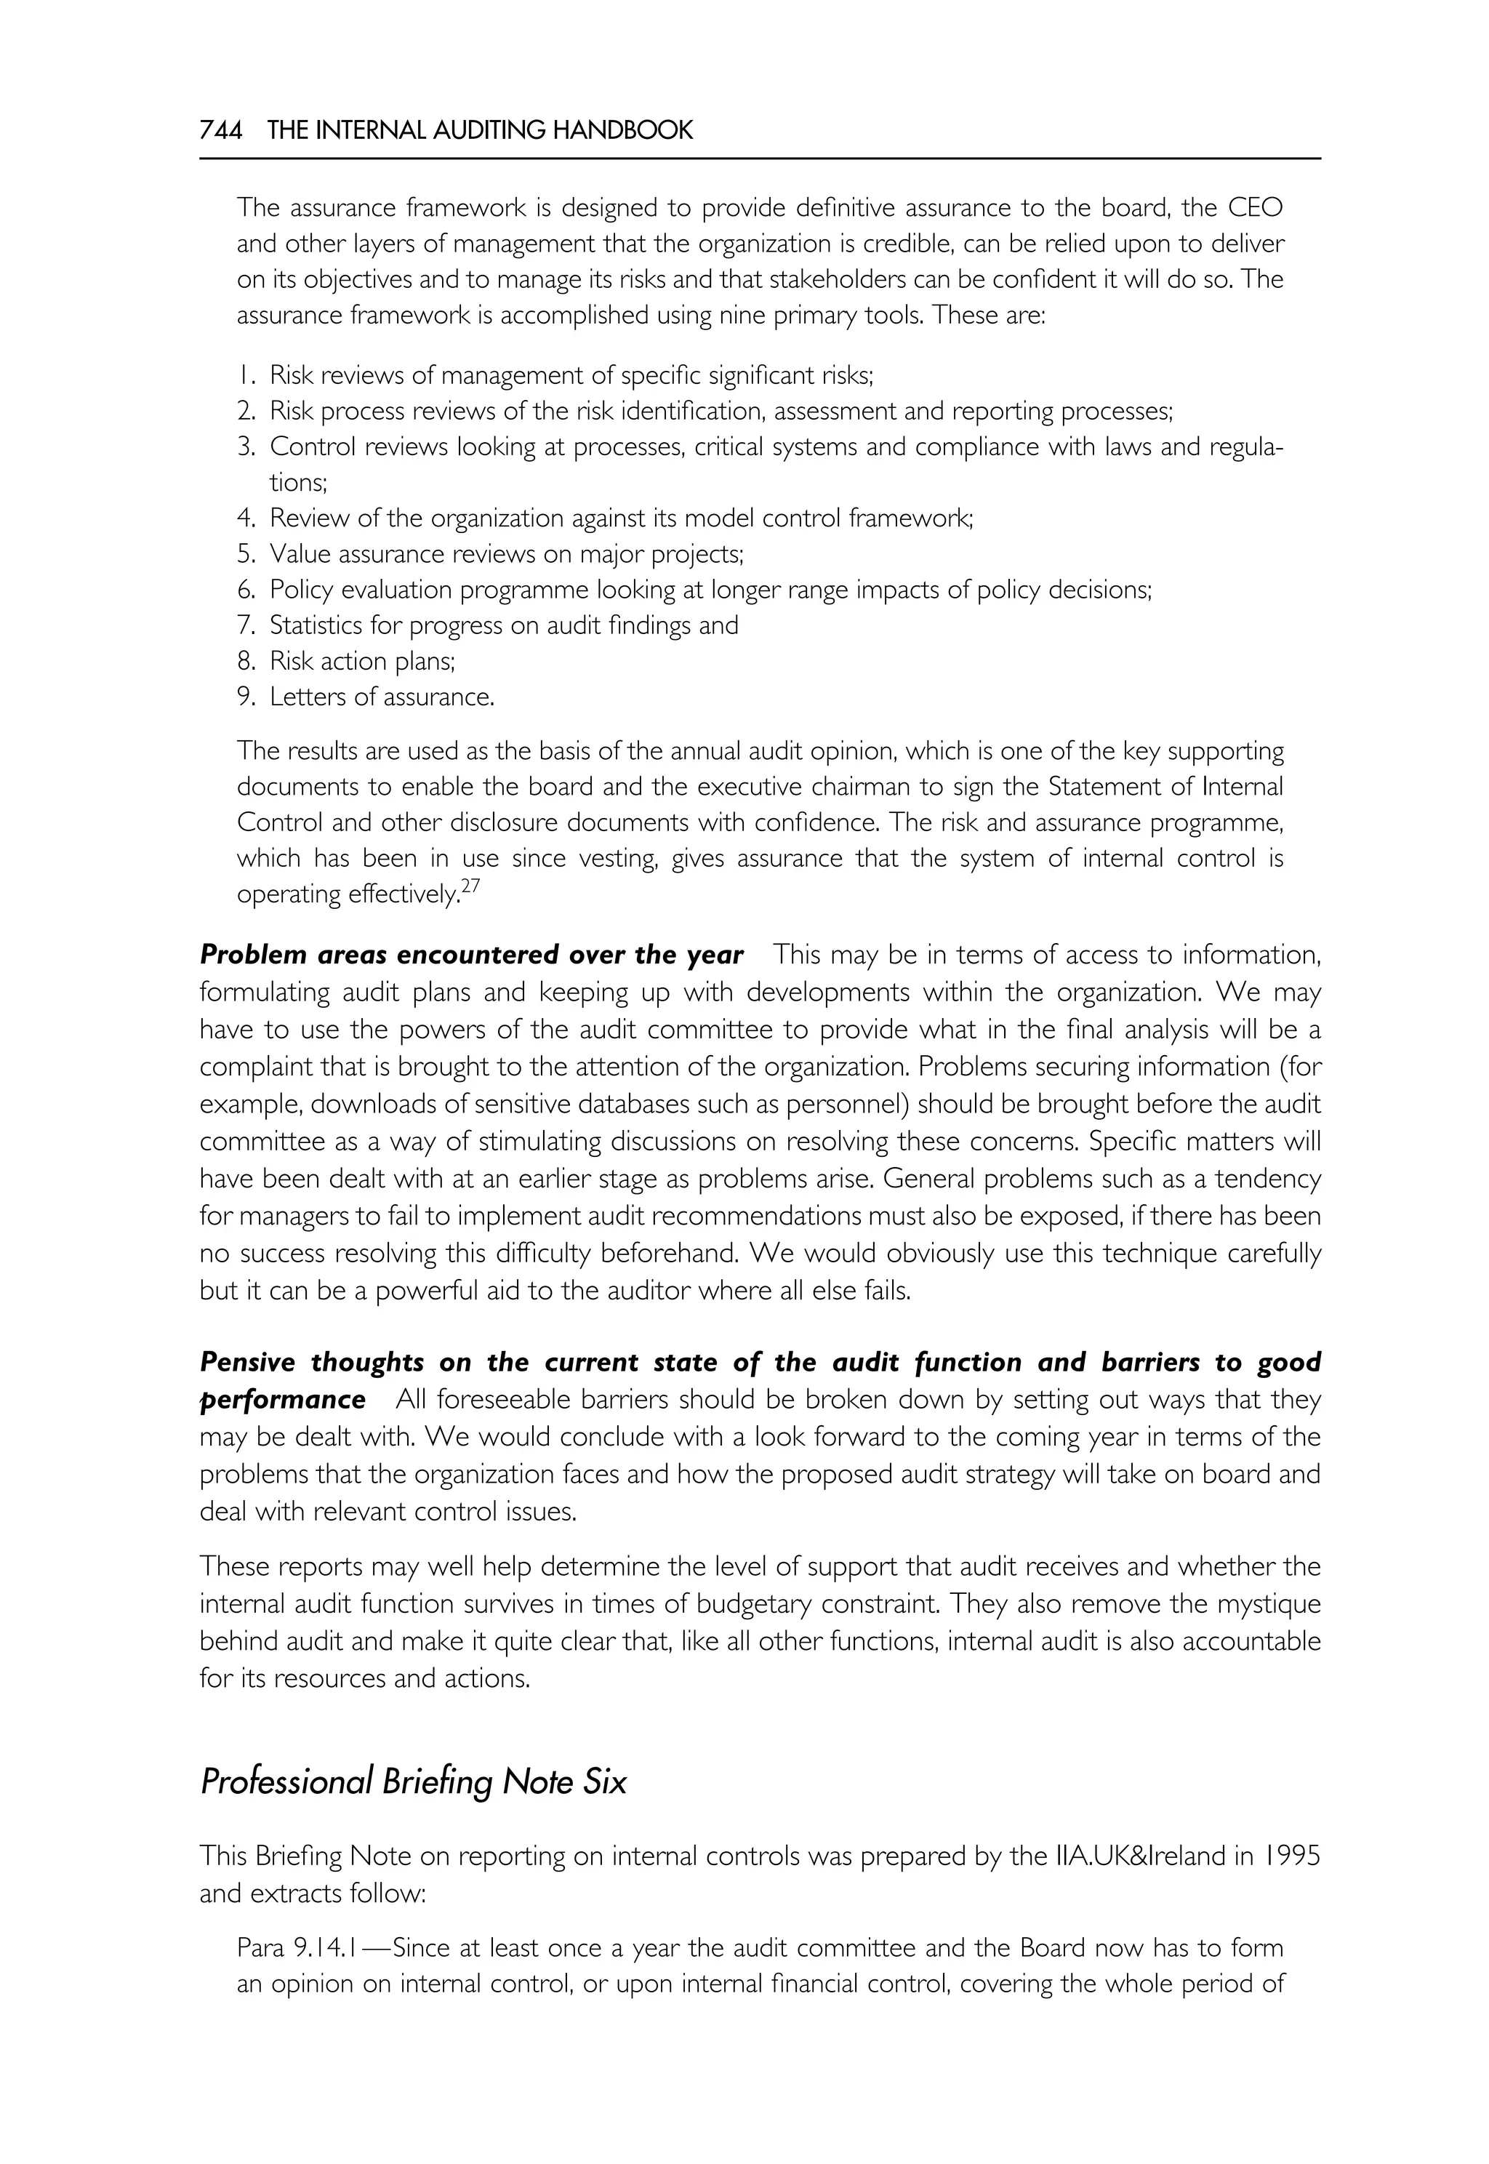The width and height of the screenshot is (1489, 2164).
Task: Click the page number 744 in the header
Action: click(x=221, y=131)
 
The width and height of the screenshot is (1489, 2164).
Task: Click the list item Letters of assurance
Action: click(x=382, y=697)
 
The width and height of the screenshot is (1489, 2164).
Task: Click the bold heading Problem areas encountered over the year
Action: click(x=471, y=955)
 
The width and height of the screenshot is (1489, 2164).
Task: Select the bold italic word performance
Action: click(x=283, y=1400)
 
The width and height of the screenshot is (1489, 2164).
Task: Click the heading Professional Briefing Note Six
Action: click(x=413, y=1782)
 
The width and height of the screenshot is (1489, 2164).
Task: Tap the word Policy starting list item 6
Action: click(x=300, y=590)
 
